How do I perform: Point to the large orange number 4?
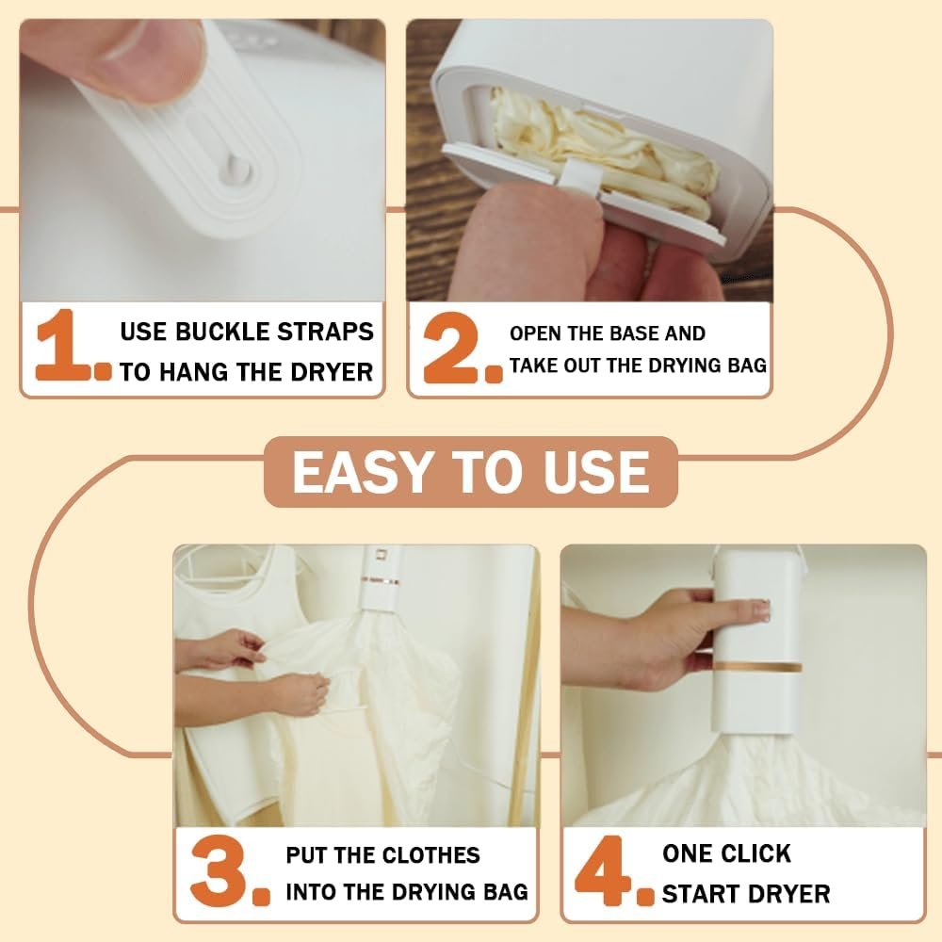coord(603,869)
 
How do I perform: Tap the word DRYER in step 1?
coord(332,372)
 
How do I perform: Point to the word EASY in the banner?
coord(363,472)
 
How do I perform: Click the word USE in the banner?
coord(596,472)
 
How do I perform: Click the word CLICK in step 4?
coord(757,853)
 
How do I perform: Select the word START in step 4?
coord(697,894)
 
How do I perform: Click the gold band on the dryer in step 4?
coord(757,667)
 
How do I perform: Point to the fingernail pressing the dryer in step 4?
coord(760,609)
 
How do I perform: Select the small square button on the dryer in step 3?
coord(380,555)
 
